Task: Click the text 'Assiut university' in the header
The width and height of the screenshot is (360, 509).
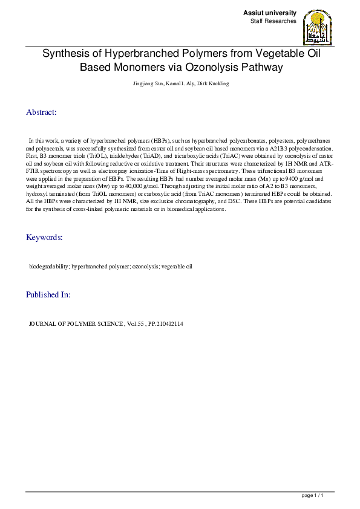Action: click(270, 13)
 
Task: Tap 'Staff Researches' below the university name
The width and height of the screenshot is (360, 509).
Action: click(273, 21)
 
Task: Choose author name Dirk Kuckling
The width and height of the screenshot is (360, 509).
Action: click(214, 83)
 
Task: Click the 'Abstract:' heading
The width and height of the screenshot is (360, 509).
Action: click(41, 112)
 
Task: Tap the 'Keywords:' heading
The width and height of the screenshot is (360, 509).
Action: click(44, 237)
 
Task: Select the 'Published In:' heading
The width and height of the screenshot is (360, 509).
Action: click(48, 294)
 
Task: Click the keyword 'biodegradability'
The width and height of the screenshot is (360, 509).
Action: click(49, 266)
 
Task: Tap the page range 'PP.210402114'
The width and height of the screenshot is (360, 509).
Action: click(166, 324)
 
